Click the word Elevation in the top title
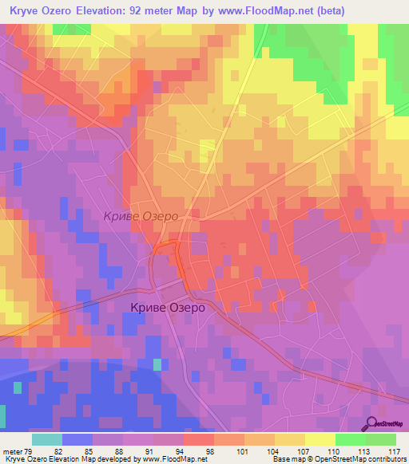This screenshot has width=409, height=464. click(x=107, y=10)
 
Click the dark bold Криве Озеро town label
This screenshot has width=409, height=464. click(x=168, y=307)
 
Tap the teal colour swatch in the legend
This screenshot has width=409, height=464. click(x=46, y=439)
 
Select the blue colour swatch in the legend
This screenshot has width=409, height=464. click(x=77, y=439)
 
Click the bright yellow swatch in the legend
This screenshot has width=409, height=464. click(x=320, y=439)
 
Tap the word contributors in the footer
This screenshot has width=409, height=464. click(x=387, y=460)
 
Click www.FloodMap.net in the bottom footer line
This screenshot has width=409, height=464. click(x=173, y=460)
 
